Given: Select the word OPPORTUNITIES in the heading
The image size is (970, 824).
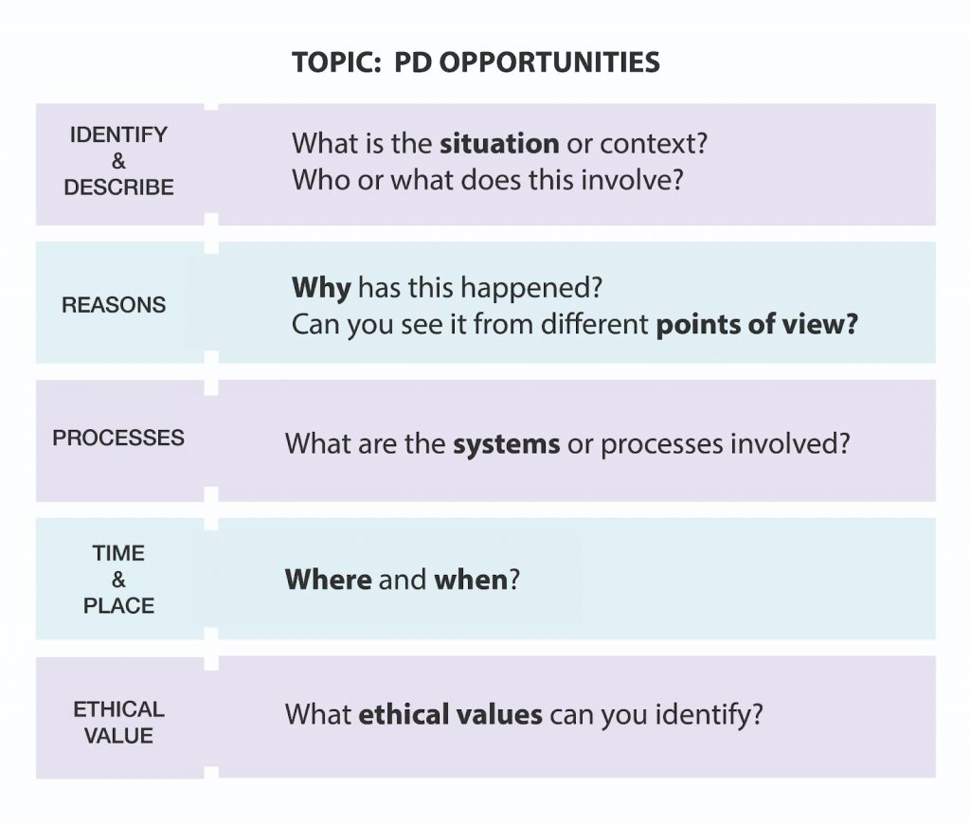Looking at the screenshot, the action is [549, 63].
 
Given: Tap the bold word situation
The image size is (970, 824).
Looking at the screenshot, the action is [499, 144].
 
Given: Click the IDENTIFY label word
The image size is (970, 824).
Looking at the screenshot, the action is [118, 134].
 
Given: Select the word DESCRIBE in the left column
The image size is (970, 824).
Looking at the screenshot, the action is [118, 188].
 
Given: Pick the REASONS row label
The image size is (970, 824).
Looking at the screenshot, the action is [114, 305].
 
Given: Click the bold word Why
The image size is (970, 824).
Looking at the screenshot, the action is [321, 288].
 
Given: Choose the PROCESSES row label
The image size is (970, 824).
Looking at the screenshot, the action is [118, 438].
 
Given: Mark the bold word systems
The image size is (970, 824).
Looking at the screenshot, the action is [506, 445].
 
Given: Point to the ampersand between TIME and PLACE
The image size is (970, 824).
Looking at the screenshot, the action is [118, 580].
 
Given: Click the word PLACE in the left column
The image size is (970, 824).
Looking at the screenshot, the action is [118, 605].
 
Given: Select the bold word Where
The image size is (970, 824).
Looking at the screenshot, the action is [329, 580].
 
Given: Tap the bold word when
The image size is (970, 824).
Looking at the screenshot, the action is [471, 580].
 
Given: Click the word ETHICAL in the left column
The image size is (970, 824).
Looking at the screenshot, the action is [118, 709].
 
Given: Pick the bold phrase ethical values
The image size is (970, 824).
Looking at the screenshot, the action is [450, 714].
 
